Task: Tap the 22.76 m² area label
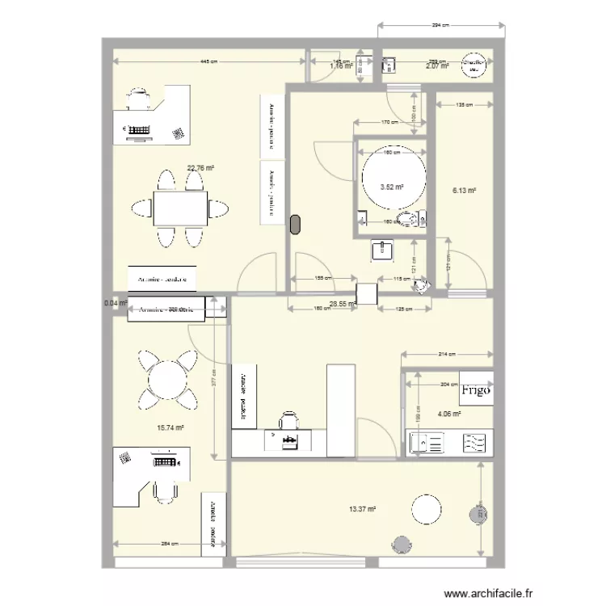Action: [x=200, y=169]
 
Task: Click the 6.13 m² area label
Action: [x=464, y=191]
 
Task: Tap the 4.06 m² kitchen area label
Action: [x=449, y=415]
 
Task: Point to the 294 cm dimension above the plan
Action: [x=440, y=27]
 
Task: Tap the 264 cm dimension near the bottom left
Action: [x=170, y=544]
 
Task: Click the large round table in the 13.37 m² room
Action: [x=426, y=509]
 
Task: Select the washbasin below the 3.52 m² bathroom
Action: [x=381, y=251]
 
